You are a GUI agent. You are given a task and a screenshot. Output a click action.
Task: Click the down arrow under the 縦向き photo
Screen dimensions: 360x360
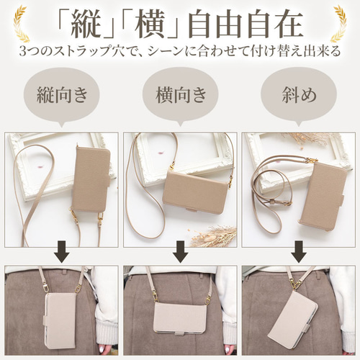(60, 253)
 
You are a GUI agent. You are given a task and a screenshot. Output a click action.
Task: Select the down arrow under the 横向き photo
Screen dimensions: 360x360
(181, 253)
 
